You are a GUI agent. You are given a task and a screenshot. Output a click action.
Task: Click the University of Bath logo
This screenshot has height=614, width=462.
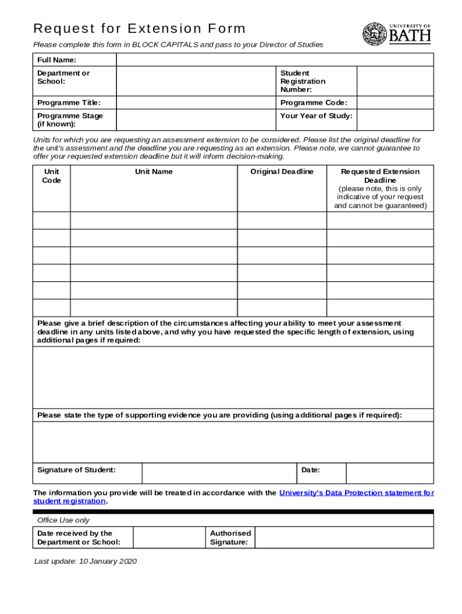tap(397, 34)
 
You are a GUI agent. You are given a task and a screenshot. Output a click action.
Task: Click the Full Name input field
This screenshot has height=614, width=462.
tap(275, 59)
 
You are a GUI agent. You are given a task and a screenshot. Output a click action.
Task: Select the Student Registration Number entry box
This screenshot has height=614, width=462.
tap(395, 81)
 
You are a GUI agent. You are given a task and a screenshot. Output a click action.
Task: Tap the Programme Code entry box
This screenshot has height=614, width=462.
tap(395, 103)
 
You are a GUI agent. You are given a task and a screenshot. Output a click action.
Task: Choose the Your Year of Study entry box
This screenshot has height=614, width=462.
tap(395, 120)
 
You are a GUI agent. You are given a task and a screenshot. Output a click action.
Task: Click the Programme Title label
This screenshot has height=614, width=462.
tap(69, 103)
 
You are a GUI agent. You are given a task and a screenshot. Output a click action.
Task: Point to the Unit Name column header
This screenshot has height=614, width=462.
tap(154, 171)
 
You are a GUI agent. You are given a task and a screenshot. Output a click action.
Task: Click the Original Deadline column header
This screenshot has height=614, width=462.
tap(282, 171)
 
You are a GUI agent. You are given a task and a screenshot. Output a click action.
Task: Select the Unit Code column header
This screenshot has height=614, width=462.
tap(52, 176)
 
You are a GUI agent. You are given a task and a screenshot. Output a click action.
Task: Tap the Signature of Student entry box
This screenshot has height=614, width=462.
tap(219, 472)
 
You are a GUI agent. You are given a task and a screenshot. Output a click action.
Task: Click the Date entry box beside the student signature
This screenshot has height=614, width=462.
tap(389, 472)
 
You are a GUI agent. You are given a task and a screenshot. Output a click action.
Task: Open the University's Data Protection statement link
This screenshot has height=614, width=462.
tap(356, 493)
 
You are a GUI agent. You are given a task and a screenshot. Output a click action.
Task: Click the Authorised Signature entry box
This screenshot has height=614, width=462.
tap(344, 537)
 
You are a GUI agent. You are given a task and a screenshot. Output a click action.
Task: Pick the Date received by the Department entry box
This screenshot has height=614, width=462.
tap(169, 537)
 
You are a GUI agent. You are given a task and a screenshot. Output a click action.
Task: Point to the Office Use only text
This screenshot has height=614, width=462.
tap(64, 520)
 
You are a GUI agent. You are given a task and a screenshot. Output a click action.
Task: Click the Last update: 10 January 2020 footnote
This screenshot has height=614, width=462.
tap(86, 561)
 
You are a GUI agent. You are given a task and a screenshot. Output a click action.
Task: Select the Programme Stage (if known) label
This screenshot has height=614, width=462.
tap(70, 120)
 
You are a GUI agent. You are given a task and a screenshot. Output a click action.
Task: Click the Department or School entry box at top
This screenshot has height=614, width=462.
tap(194, 81)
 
